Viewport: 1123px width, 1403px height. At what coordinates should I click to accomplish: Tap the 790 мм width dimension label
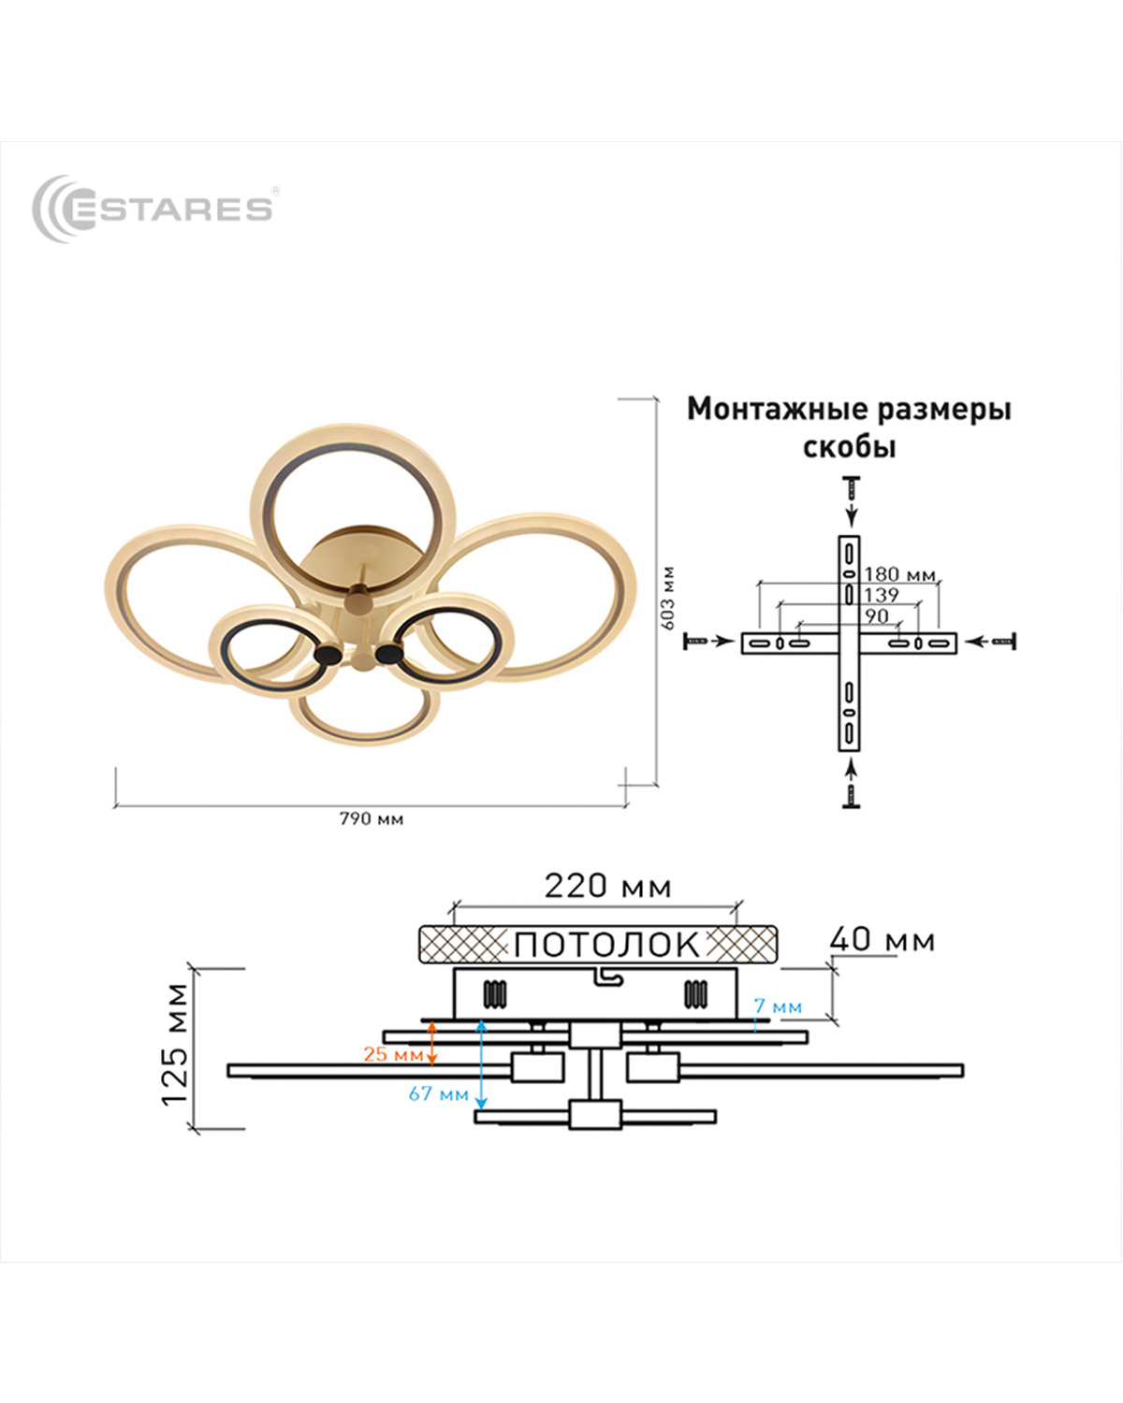point(372,819)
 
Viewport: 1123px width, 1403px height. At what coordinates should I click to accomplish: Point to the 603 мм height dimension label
point(667,599)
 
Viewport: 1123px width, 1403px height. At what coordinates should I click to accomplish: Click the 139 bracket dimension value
point(881,595)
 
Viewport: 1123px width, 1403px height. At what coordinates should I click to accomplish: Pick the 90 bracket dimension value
point(877,616)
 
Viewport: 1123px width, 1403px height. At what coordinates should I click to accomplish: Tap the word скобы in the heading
point(849,447)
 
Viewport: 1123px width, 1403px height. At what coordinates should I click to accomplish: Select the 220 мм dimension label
point(607,887)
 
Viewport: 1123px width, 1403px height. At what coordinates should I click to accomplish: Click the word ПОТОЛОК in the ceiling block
point(606,945)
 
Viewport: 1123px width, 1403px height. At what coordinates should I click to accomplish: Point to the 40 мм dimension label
point(882,940)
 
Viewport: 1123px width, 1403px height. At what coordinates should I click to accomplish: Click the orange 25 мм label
point(393,1054)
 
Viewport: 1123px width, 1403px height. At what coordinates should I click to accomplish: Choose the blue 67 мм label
point(439,1093)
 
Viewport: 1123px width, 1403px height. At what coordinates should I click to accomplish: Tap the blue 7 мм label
point(778,1006)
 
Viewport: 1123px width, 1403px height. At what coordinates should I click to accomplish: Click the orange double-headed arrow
point(431,1043)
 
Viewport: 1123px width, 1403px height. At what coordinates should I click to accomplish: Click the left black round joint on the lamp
point(328,655)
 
